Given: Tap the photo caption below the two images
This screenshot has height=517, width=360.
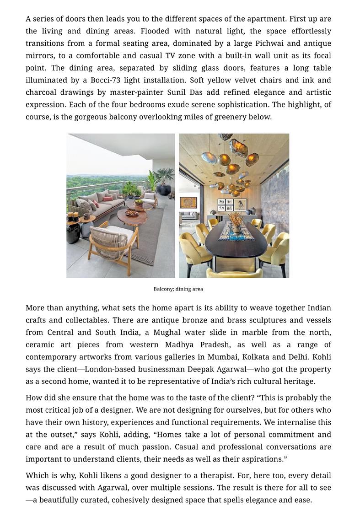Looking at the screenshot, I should [x=178, y=289].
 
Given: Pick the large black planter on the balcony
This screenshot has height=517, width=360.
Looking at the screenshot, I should [x=163, y=189].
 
